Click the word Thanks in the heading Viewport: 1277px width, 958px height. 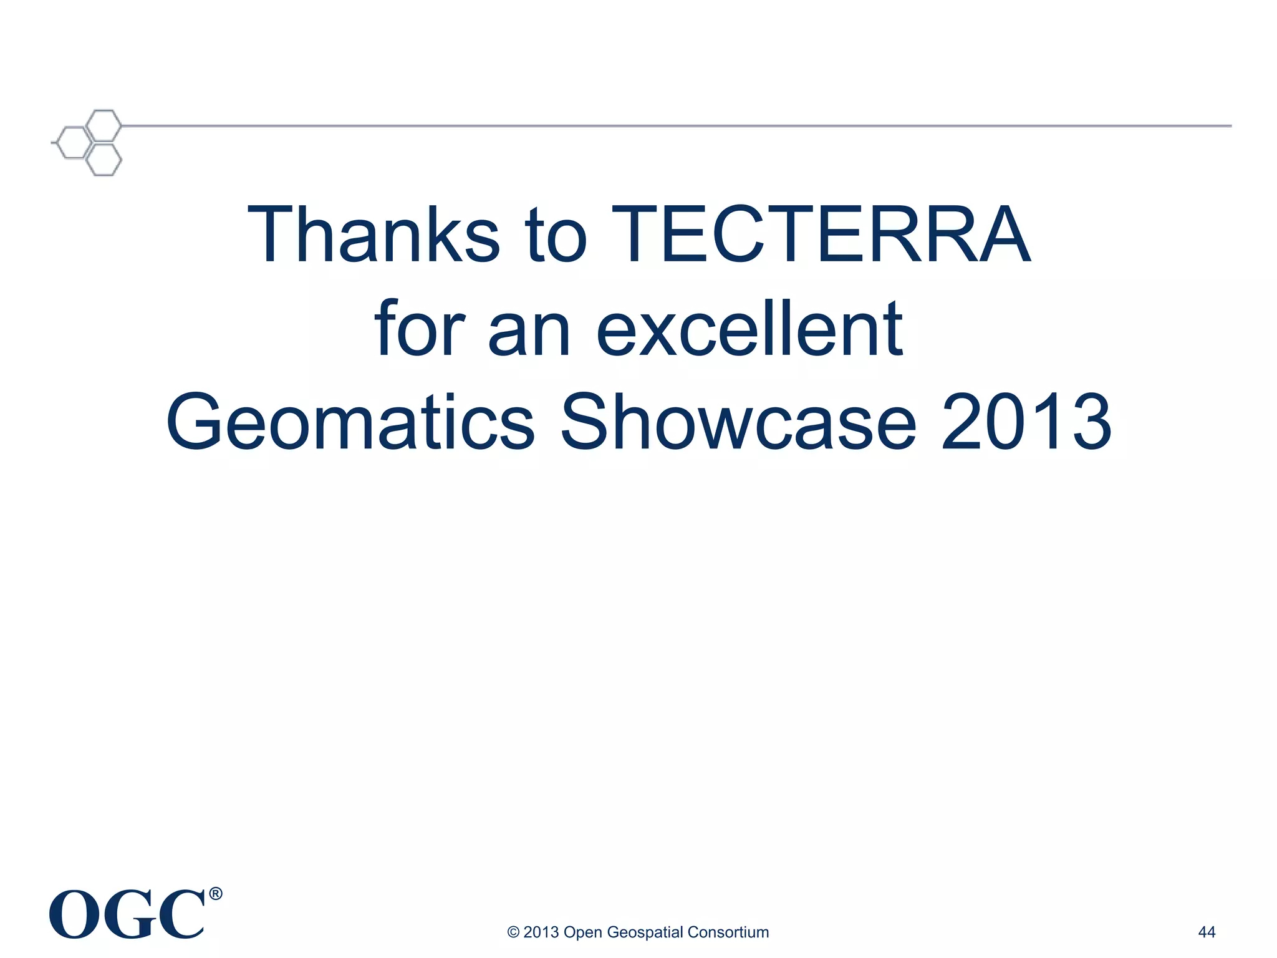(373, 235)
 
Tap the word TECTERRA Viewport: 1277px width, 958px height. (821, 235)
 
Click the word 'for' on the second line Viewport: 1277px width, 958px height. (420, 329)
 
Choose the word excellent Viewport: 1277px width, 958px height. (749, 329)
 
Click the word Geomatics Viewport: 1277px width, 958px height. (350, 423)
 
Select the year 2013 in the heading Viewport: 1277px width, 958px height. (1026, 423)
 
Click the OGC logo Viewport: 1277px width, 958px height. (127, 915)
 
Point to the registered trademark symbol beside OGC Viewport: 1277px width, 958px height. (215, 894)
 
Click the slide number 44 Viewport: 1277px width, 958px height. (1207, 932)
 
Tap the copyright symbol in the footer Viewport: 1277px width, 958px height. (513, 932)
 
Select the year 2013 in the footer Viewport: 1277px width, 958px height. (541, 932)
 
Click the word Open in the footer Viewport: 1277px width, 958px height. (582, 932)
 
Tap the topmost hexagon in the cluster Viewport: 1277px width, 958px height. (104, 125)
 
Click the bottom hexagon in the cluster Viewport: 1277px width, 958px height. (103, 160)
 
